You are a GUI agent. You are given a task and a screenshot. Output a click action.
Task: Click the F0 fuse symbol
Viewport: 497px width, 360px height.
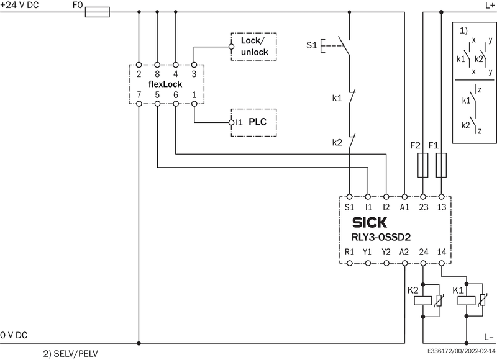click(x=98, y=12)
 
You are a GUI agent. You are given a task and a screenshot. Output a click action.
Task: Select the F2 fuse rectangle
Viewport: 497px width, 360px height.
click(x=423, y=165)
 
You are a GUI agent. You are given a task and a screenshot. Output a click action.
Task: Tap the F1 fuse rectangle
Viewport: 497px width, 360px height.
click(x=441, y=165)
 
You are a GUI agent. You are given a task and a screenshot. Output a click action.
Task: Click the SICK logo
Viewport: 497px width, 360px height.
click(x=370, y=223)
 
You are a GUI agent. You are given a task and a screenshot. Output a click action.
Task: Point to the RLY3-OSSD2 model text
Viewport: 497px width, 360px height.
click(x=381, y=237)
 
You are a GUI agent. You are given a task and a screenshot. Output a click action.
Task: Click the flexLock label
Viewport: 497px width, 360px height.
click(x=165, y=84)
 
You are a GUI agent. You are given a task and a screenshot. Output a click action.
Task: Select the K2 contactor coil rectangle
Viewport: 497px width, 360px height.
click(x=423, y=300)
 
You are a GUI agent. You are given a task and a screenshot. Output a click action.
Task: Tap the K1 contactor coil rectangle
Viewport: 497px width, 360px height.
click(x=467, y=300)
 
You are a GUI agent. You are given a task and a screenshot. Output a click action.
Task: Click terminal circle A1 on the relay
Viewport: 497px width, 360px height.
click(x=404, y=197)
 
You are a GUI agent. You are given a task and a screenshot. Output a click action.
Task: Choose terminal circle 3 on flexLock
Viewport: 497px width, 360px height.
click(x=194, y=65)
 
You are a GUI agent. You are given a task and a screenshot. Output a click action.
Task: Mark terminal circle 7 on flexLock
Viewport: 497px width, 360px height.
click(x=139, y=104)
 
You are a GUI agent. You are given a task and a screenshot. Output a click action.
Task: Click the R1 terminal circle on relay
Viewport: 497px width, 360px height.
click(x=349, y=263)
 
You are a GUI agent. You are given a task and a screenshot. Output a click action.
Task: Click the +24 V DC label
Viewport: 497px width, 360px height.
click(x=19, y=5)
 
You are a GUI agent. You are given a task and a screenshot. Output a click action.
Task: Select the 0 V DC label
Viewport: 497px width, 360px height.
click(x=14, y=335)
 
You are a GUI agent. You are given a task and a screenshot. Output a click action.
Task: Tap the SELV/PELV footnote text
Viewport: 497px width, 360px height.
click(x=71, y=353)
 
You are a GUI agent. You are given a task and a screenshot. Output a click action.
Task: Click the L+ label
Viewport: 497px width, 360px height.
click(x=490, y=5)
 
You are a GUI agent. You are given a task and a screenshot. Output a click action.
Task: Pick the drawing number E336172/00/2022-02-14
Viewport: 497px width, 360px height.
click(x=462, y=351)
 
